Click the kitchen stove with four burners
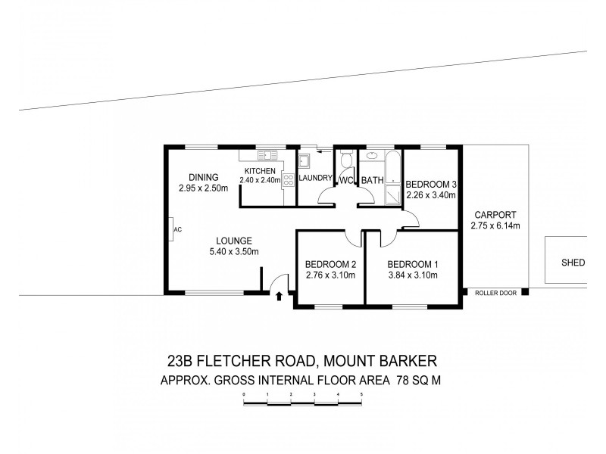(288, 179)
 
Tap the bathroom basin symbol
(372, 157)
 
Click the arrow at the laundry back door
(321, 152)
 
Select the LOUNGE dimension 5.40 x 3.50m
(236, 251)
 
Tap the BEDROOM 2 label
(330, 264)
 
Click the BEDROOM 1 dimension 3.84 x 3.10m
(413, 275)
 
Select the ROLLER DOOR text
(495, 293)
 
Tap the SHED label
(572, 263)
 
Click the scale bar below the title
(303, 403)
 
